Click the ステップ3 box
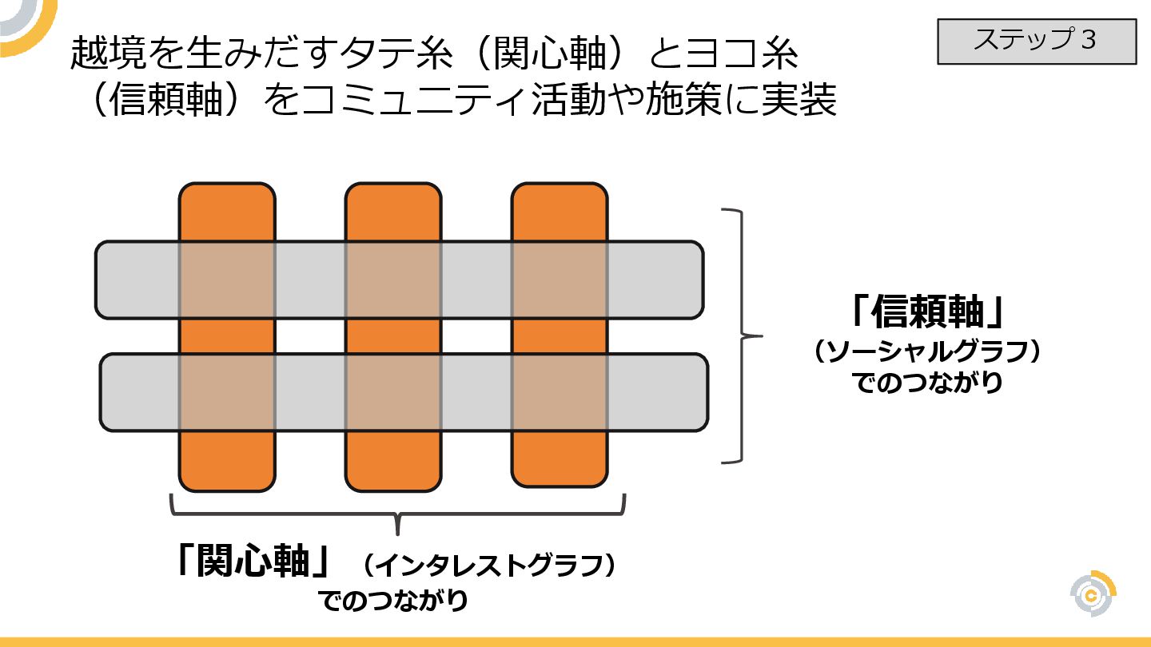(1036, 42)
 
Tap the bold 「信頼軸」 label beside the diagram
(927, 312)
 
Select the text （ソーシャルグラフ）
(927, 352)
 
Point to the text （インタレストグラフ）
(488, 566)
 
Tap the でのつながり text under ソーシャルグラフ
(927, 383)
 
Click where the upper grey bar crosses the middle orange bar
(393, 280)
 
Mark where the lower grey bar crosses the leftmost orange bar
(227, 392)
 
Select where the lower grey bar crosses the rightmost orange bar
(560, 392)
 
